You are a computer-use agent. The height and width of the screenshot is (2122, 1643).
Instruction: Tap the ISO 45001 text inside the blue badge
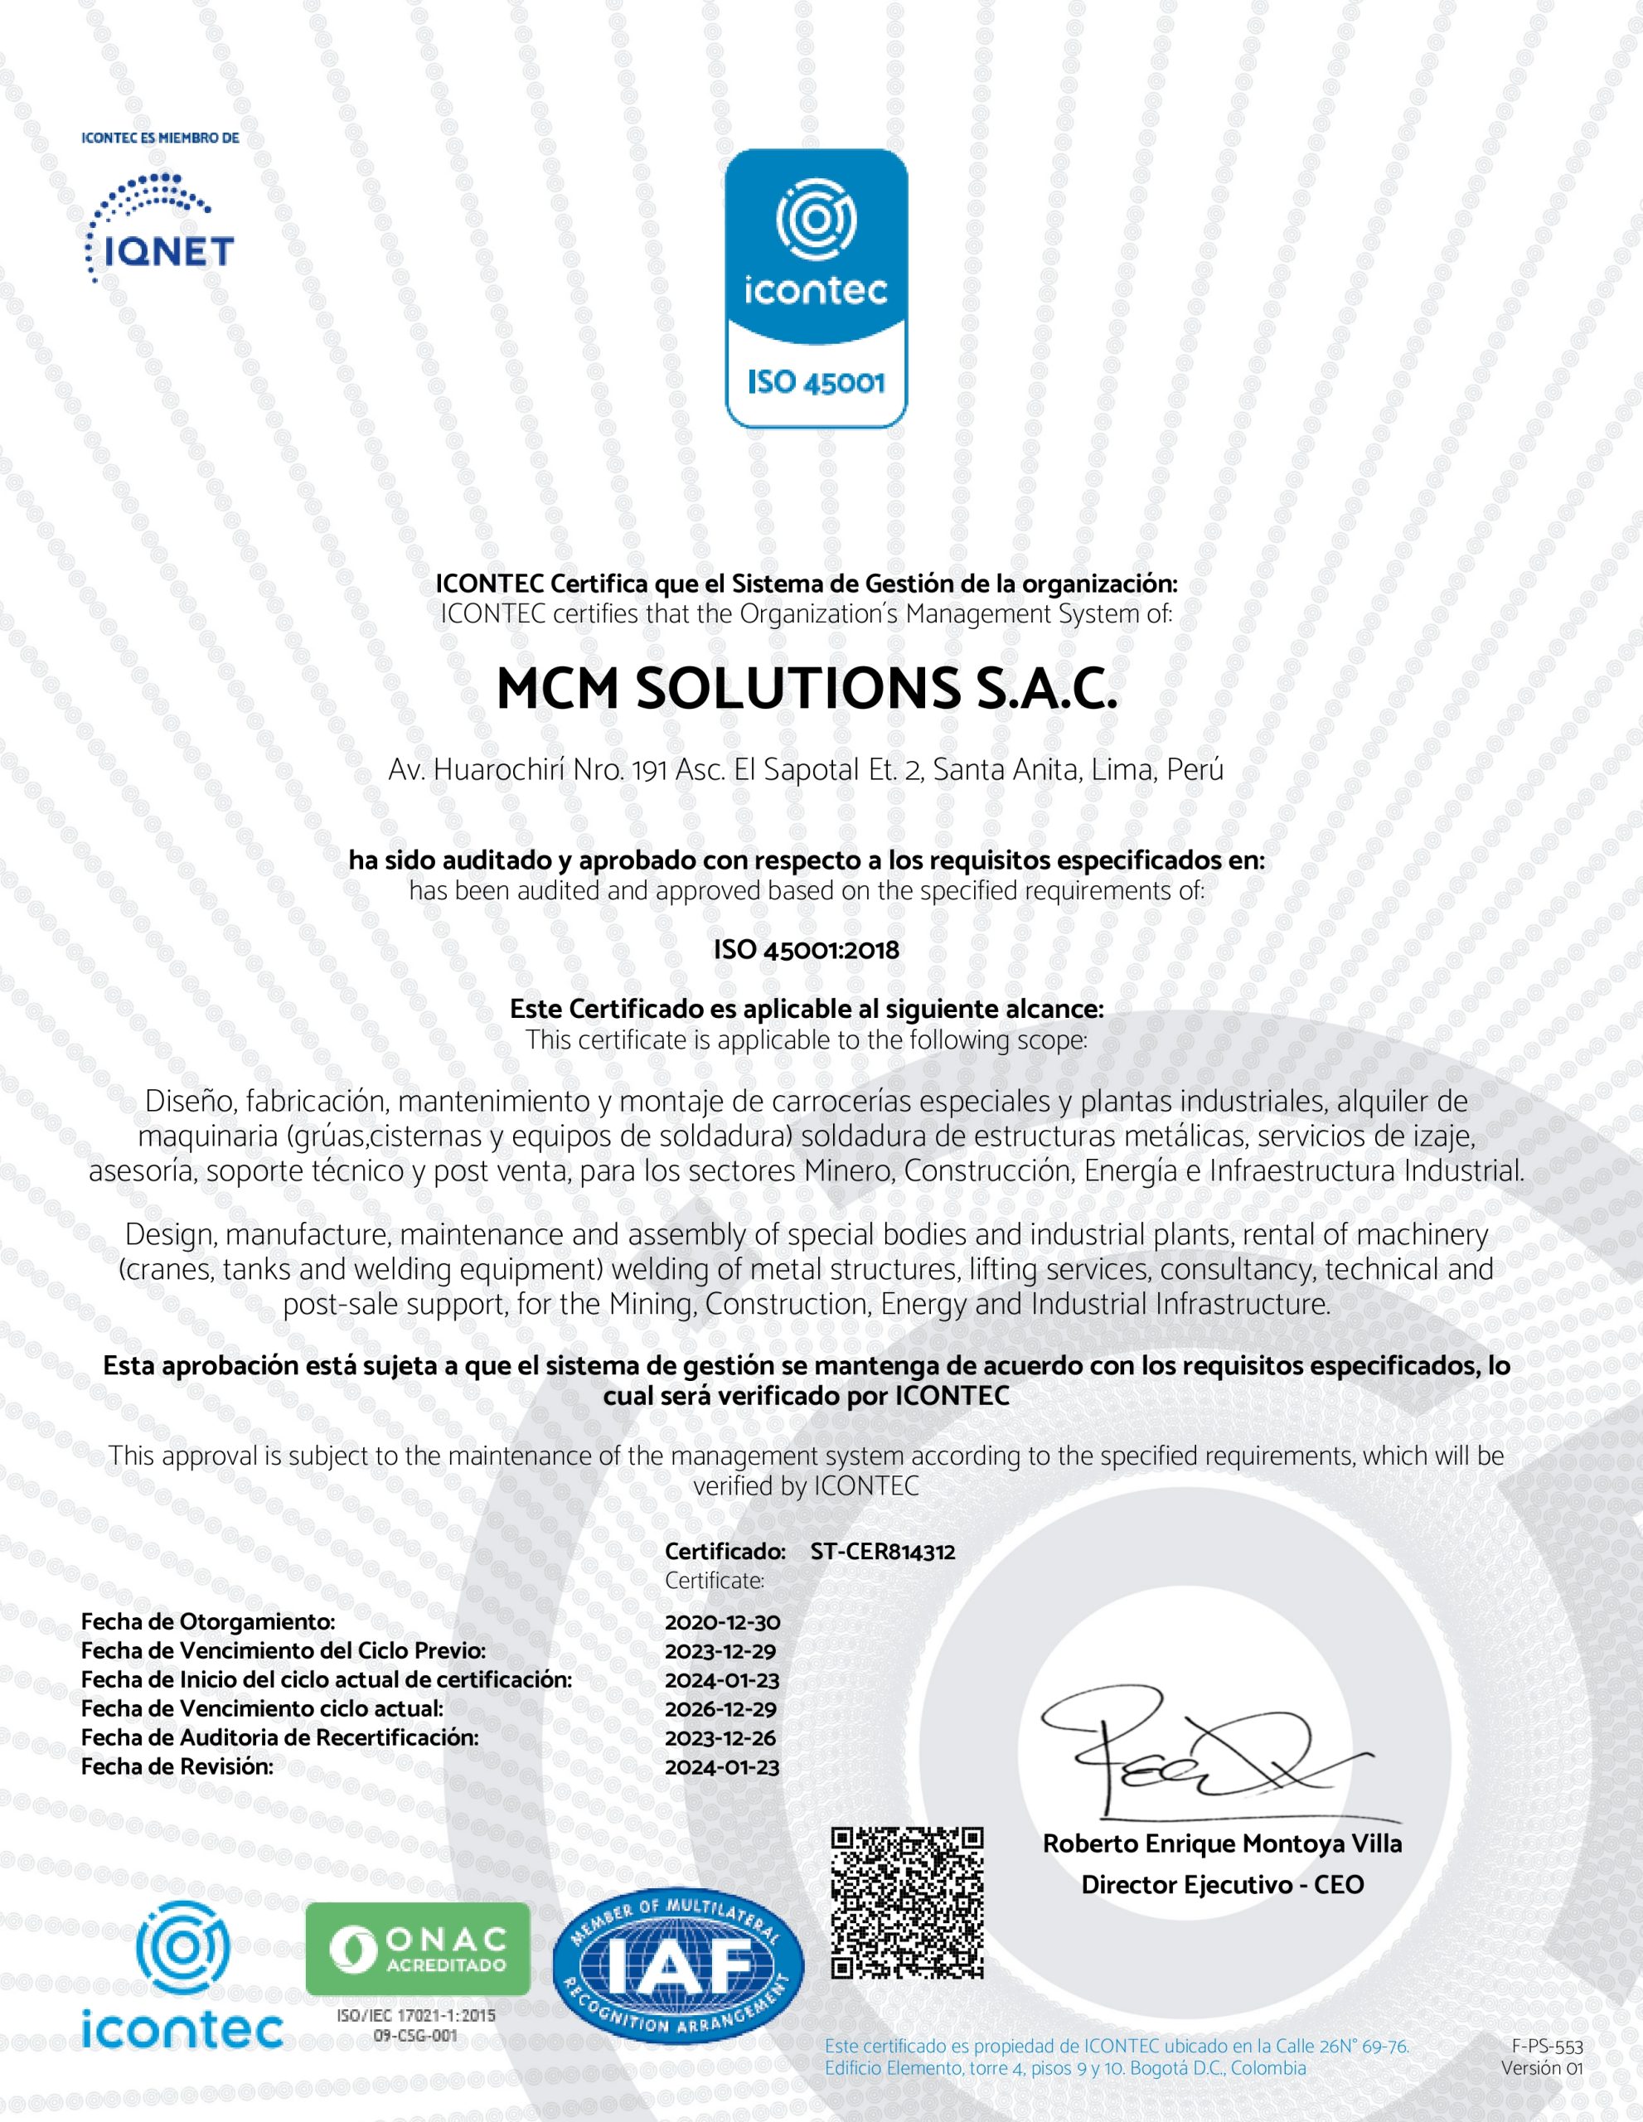817,382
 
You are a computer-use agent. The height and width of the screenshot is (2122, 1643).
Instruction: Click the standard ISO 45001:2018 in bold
807,949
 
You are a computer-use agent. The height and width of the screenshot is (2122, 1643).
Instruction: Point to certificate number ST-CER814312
882,1552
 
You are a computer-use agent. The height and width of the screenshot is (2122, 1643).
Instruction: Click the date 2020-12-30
722,1621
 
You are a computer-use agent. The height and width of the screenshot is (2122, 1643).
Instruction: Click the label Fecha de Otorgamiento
208,1621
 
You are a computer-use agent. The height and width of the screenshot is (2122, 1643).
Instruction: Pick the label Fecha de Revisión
177,1766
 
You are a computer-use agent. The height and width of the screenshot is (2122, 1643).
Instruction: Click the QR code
908,1902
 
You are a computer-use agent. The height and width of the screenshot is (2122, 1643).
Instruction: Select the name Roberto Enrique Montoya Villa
1222,1843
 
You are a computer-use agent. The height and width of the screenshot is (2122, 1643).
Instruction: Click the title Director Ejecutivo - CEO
1222,1884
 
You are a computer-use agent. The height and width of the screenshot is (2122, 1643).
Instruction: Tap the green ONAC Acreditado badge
418,1949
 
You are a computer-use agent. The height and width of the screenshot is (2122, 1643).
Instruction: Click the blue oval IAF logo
678,1969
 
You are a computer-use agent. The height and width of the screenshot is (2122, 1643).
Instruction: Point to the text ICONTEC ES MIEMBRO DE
160,138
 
